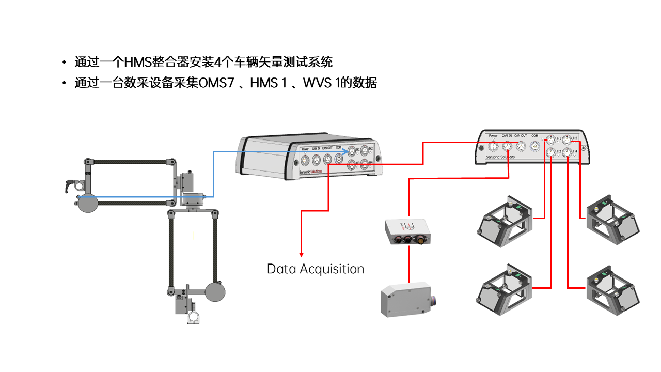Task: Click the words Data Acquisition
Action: click(x=315, y=269)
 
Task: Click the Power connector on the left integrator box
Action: click(x=305, y=161)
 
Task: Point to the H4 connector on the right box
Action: click(x=568, y=152)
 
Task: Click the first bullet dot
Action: click(x=64, y=63)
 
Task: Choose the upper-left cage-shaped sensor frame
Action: click(x=503, y=221)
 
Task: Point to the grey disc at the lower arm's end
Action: click(x=215, y=292)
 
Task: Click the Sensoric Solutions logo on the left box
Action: click(x=310, y=171)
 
